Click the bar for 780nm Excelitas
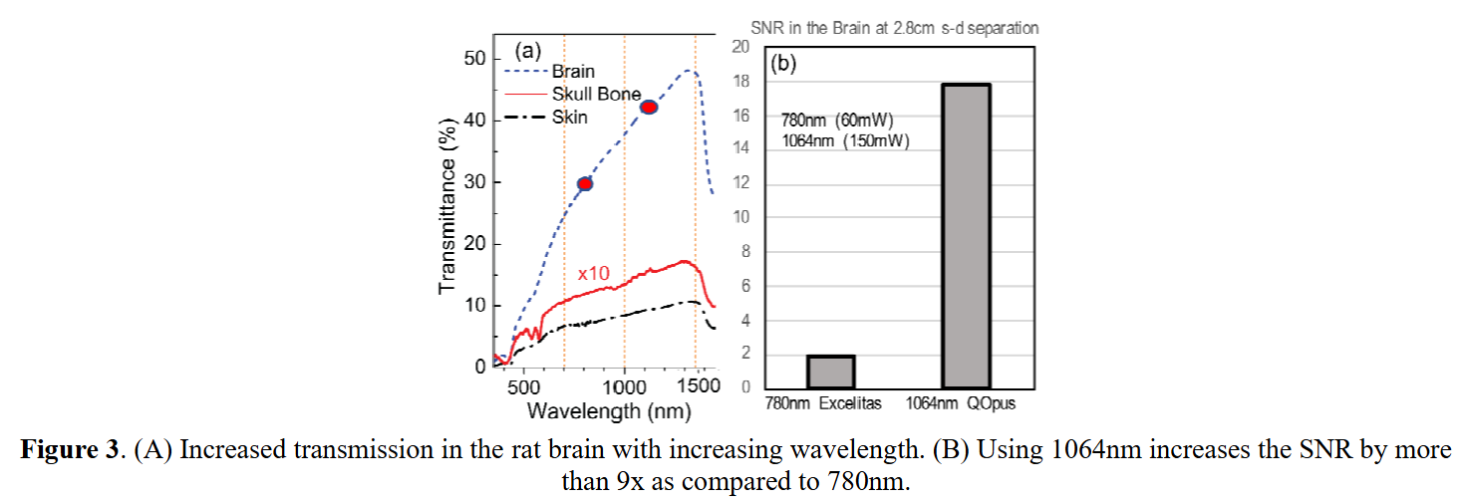click(830, 371)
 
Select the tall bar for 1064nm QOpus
click(966, 236)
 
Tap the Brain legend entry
click(573, 71)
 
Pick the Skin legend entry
click(570, 117)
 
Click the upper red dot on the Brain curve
click(649, 108)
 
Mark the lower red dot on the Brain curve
click(585, 183)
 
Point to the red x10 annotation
click(594, 273)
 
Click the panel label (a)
click(528, 51)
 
